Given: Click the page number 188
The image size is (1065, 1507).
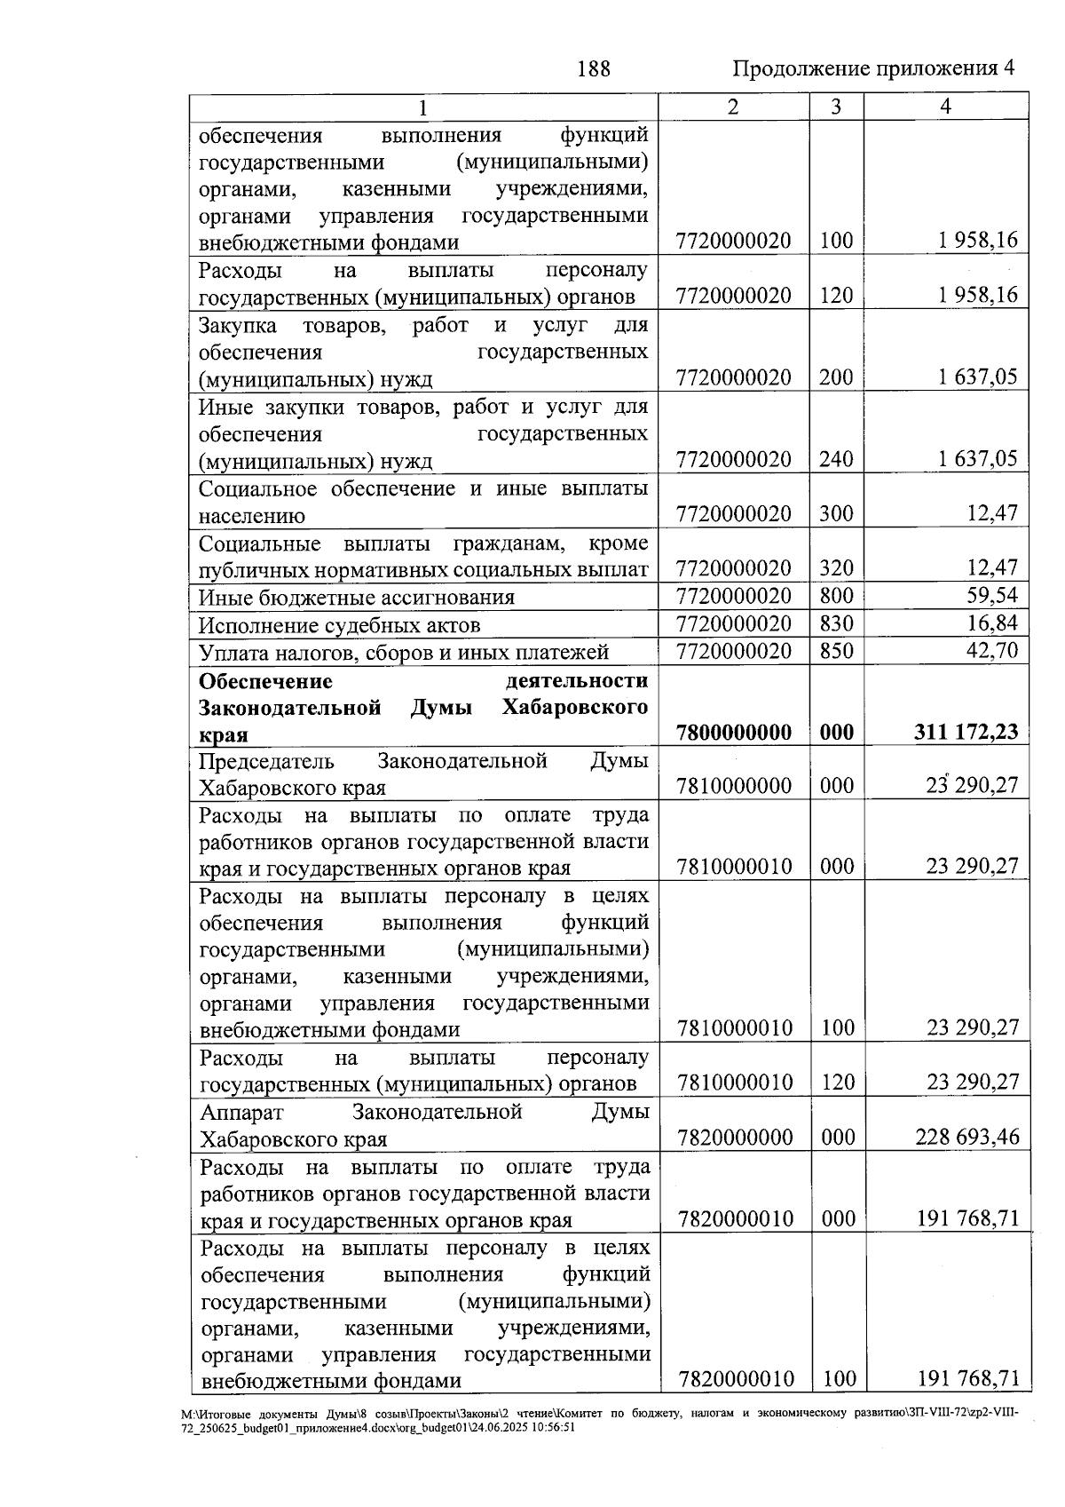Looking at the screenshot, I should point(593,68).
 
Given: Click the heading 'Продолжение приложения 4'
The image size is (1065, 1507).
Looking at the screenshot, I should point(873,68).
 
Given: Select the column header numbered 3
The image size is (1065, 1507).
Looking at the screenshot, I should point(835,107).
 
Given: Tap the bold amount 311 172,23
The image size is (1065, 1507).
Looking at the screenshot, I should point(966,732).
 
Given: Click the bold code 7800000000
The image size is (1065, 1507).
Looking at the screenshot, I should point(733,733).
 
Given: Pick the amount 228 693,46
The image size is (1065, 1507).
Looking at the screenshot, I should point(967,1136).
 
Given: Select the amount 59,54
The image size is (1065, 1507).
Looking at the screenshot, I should point(991,596).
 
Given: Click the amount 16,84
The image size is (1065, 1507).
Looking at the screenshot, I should point(991,623).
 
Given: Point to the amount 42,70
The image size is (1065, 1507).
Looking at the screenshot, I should point(991,651).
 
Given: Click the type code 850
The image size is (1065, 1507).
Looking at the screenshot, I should point(836,651).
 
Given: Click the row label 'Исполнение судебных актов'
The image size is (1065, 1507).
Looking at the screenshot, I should point(340,625).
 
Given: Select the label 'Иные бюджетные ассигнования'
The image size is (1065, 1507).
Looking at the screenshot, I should point(357,598).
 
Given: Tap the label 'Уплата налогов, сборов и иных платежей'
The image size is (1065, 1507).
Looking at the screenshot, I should point(404,653).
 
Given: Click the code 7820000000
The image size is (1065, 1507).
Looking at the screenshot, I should point(734,1137).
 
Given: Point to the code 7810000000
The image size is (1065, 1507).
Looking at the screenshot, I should point(734,786).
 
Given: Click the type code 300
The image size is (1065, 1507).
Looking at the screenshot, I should point(836,513).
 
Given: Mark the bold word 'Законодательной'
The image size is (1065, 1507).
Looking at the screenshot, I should point(290,708).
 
